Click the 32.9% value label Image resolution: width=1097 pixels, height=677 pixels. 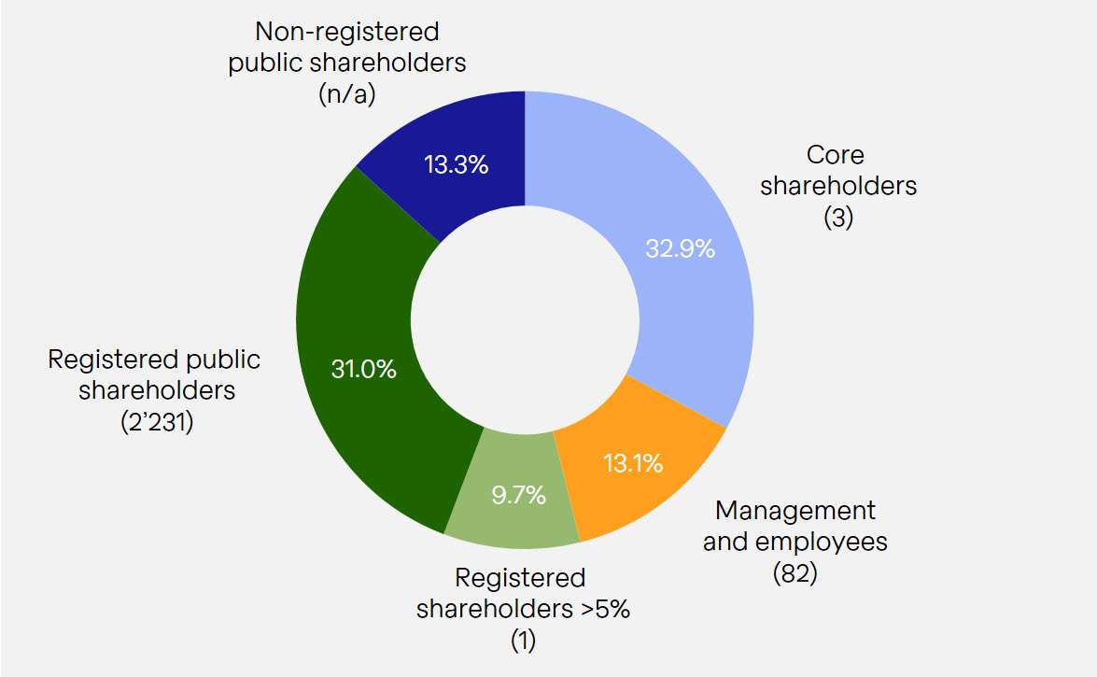pyautogui.click(x=680, y=249)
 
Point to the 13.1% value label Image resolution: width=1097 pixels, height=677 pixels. pyautogui.click(x=632, y=461)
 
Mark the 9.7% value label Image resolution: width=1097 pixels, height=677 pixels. pyautogui.click(x=518, y=495)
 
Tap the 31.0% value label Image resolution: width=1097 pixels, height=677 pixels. pyautogui.click(x=364, y=369)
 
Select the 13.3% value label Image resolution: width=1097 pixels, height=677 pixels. pyautogui.click(x=456, y=166)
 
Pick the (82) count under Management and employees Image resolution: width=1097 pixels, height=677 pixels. pyautogui.click(x=795, y=573)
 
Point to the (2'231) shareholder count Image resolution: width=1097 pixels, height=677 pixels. pyautogui.click(x=156, y=420)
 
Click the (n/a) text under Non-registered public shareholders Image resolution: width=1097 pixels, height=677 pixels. pyautogui.click(x=346, y=94)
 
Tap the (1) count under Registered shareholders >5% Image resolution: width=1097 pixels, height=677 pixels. pyautogui.click(x=523, y=642)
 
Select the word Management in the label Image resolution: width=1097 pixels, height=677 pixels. pyautogui.click(x=795, y=511)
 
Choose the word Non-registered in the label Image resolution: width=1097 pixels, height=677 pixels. pyautogui.click(x=346, y=32)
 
